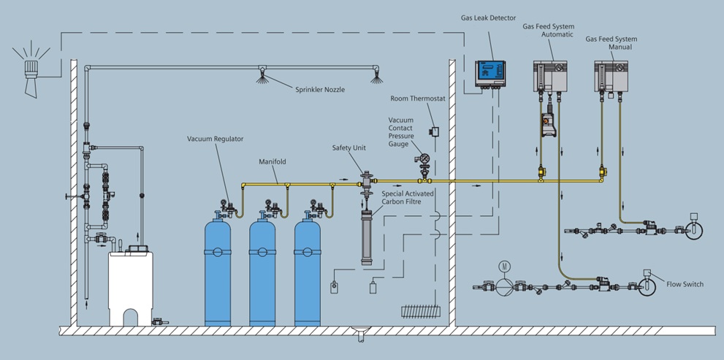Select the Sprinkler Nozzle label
click(x=320, y=89)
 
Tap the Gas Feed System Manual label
click(x=611, y=43)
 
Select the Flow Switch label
click(x=685, y=284)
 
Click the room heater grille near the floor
click(x=417, y=310)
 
